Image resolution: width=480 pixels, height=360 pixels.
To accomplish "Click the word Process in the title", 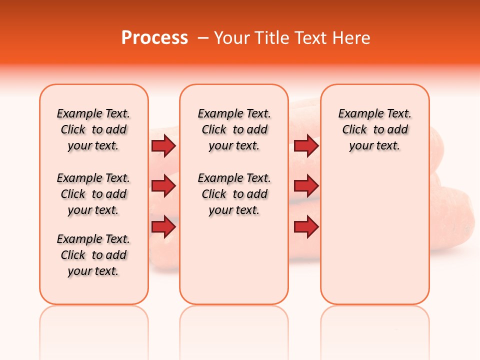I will (154, 38).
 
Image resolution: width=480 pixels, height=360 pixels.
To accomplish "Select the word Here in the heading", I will (352, 38).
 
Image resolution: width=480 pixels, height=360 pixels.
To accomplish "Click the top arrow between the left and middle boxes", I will (163, 145).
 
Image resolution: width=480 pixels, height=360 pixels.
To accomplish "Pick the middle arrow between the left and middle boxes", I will (163, 186).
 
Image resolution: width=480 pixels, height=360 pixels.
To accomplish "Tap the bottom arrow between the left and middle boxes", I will (163, 227).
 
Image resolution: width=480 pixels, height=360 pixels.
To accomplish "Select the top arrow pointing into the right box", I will (306, 145).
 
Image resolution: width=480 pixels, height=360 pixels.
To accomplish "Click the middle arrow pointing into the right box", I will (306, 186).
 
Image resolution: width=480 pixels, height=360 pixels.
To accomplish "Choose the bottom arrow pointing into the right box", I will (306, 227).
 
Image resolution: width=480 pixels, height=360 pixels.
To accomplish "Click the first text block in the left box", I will (93, 129).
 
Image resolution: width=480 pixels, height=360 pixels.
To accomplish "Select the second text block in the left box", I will (93, 194).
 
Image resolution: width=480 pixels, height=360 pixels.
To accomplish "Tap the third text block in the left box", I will (93, 255).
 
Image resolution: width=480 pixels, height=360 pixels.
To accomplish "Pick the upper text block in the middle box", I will (234, 129).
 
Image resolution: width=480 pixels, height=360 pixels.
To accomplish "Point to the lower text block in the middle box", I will (234, 194).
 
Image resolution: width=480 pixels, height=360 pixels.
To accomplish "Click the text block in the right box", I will (374, 129).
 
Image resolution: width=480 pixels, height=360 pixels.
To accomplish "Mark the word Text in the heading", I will (312, 38).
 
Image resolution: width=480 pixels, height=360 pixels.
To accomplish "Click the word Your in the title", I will (232, 38).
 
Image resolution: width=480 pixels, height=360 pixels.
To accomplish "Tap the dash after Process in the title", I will (203, 38).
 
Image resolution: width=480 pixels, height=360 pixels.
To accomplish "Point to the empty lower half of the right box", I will (374, 240).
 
